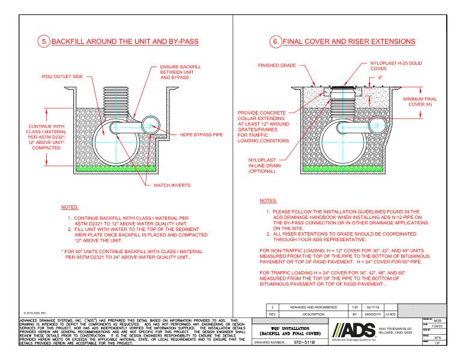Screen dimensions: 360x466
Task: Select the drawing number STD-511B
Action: pos(288,344)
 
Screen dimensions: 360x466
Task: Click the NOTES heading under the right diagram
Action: pos(267,200)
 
